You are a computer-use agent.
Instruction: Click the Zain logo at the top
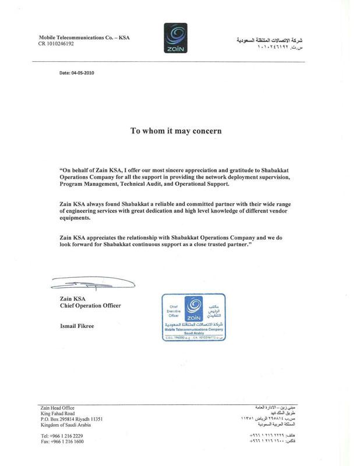click(180, 38)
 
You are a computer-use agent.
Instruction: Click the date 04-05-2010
click(76, 74)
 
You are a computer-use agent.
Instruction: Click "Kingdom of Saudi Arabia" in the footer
click(66, 425)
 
